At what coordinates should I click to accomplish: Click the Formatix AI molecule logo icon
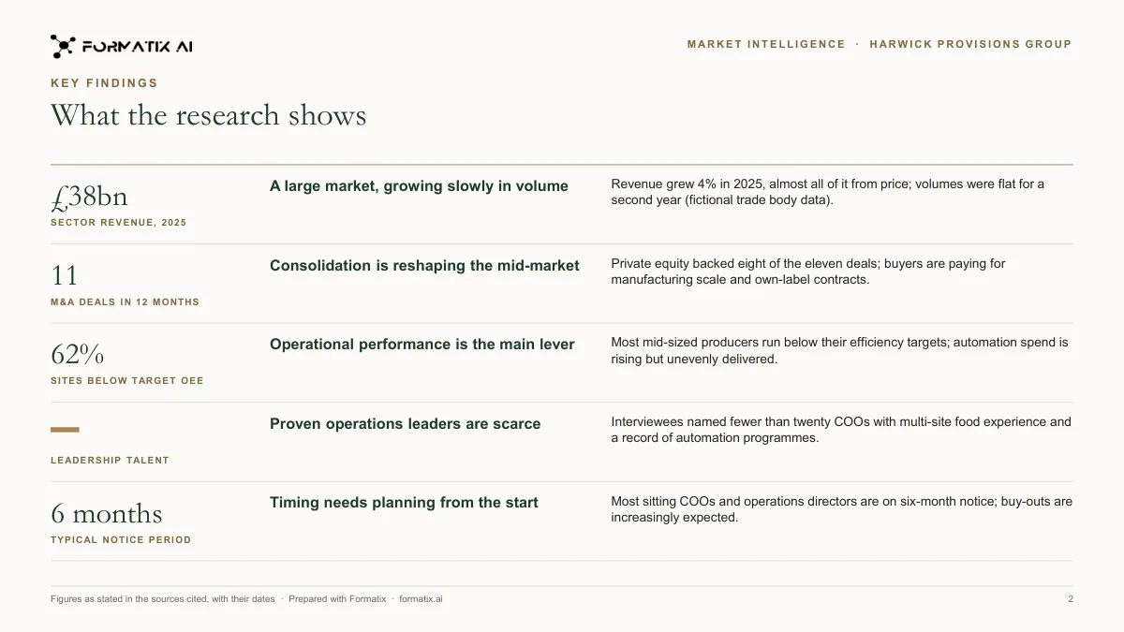[63, 47]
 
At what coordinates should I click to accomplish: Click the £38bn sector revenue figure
[89, 197]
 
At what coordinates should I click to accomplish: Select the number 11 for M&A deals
[65, 275]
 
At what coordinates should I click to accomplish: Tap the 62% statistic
[77, 354]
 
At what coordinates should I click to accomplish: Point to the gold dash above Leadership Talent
[65, 430]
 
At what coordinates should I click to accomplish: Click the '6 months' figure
[107, 514]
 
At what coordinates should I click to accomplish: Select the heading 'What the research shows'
[208, 115]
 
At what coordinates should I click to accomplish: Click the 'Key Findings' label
[104, 83]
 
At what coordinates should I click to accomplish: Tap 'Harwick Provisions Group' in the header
[970, 44]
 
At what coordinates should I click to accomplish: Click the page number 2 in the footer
[1071, 599]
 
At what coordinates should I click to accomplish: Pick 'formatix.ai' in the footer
[421, 599]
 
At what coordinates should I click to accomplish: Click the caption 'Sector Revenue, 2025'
[118, 222]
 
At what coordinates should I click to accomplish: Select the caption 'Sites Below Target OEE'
[127, 381]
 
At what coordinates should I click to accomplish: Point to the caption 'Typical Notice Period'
[121, 539]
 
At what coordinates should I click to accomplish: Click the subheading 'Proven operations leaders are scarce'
[405, 424]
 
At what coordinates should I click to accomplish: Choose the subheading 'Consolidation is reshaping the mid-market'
[424, 265]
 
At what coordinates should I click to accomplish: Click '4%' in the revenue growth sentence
[707, 184]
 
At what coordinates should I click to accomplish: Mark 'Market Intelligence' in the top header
[766, 44]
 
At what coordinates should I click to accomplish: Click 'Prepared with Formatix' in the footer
[337, 599]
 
